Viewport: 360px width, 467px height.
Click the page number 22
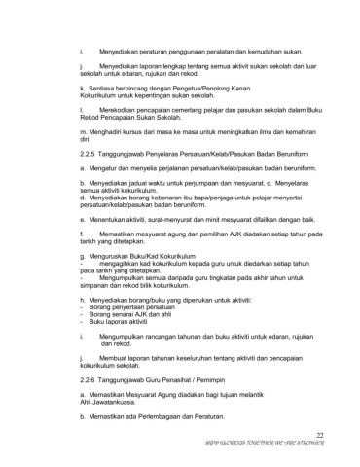tap(320, 435)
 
